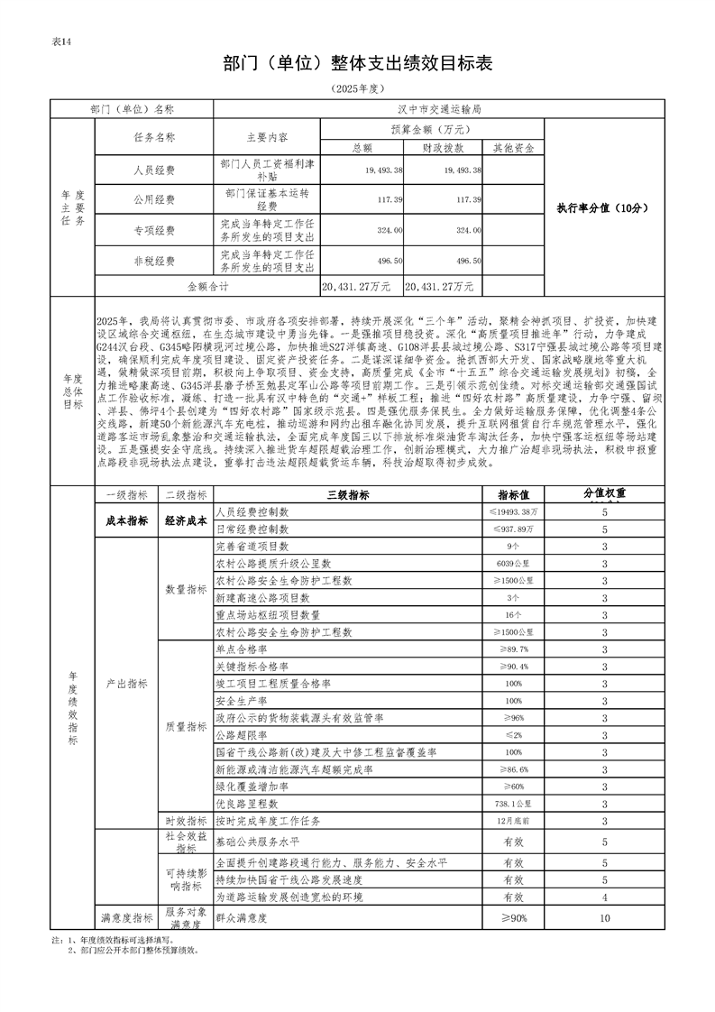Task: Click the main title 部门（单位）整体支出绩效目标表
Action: point(357,62)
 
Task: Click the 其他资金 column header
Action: point(513,147)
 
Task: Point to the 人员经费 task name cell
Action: point(153,170)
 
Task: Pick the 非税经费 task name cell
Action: point(153,261)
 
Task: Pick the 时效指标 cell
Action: point(185,821)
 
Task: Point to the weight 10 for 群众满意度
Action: point(604,918)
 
